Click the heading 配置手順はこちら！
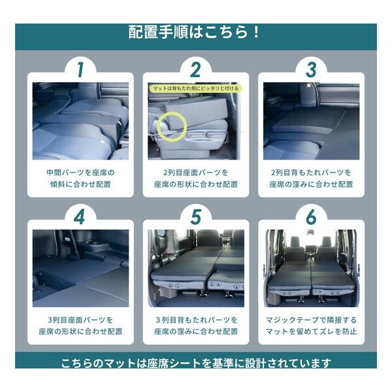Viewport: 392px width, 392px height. pos(195,32)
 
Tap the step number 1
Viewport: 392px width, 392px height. pos(80,69)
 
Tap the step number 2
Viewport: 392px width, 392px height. pos(195,69)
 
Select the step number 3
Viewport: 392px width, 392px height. pos(311,69)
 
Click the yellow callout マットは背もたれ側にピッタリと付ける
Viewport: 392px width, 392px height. pos(195,88)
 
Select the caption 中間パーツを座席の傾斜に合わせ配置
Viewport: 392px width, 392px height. pos(80,178)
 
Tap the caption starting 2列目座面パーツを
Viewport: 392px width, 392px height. pos(195,178)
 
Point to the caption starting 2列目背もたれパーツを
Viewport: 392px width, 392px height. pos(311,178)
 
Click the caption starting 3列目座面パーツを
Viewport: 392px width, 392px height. pos(80,325)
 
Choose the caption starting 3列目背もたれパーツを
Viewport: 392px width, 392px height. pos(195,325)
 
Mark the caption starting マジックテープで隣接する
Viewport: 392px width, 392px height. pos(311,325)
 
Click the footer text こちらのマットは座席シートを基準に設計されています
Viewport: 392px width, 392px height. pos(195,363)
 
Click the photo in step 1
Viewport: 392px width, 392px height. pos(80,122)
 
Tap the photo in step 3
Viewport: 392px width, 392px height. pos(311,122)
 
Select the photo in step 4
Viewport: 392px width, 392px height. pos(80,269)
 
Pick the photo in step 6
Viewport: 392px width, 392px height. pos(311,269)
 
